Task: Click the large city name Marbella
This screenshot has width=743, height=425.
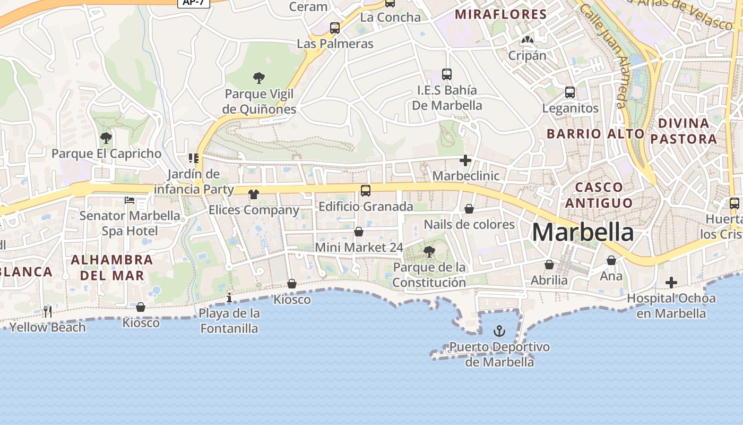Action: pyautogui.click(x=583, y=232)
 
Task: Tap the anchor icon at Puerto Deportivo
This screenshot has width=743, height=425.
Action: pyautogui.click(x=499, y=331)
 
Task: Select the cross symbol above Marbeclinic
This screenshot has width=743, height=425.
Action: pyautogui.click(x=465, y=160)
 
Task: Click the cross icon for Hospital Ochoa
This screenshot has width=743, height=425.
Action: pyautogui.click(x=671, y=282)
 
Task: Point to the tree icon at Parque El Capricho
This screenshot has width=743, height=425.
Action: pyautogui.click(x=106, y=138)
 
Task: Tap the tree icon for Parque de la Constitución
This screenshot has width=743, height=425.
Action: pyautogui.click(x=429, y=251)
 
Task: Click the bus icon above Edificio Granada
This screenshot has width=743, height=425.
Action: pyautogui.click(x=365, y=191)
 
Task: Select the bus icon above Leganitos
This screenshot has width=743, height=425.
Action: pyautogui.click(x=570, y=92)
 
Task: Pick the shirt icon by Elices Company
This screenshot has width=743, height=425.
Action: pyautogui.click(x=253, y=194)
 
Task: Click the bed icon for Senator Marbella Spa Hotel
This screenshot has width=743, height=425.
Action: pyautogui.click(x=129, y=200)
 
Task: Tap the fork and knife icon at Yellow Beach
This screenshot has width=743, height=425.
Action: pyautogui.click(x=48, y=311)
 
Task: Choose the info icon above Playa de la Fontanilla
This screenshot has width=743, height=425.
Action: pyautogui.click(x=229, y=297)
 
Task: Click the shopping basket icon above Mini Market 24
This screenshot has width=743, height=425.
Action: pyautogui.click(x=359, y=232)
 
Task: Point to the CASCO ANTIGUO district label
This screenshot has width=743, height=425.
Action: pyautogui.click(x=599, y=195)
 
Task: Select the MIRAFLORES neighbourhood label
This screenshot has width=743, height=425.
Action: pyautogui.click(x=501, y=14)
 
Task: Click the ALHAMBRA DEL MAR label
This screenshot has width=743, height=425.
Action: pyautogui.click(x=111, y=268)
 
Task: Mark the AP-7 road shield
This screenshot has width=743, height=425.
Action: pyautogui.click(x=194, y=3)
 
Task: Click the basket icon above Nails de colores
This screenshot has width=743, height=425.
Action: pyautogui.click(x=469, y=209)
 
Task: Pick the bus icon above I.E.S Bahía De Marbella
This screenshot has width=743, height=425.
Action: pyautogui.click(x=447, y=74)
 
